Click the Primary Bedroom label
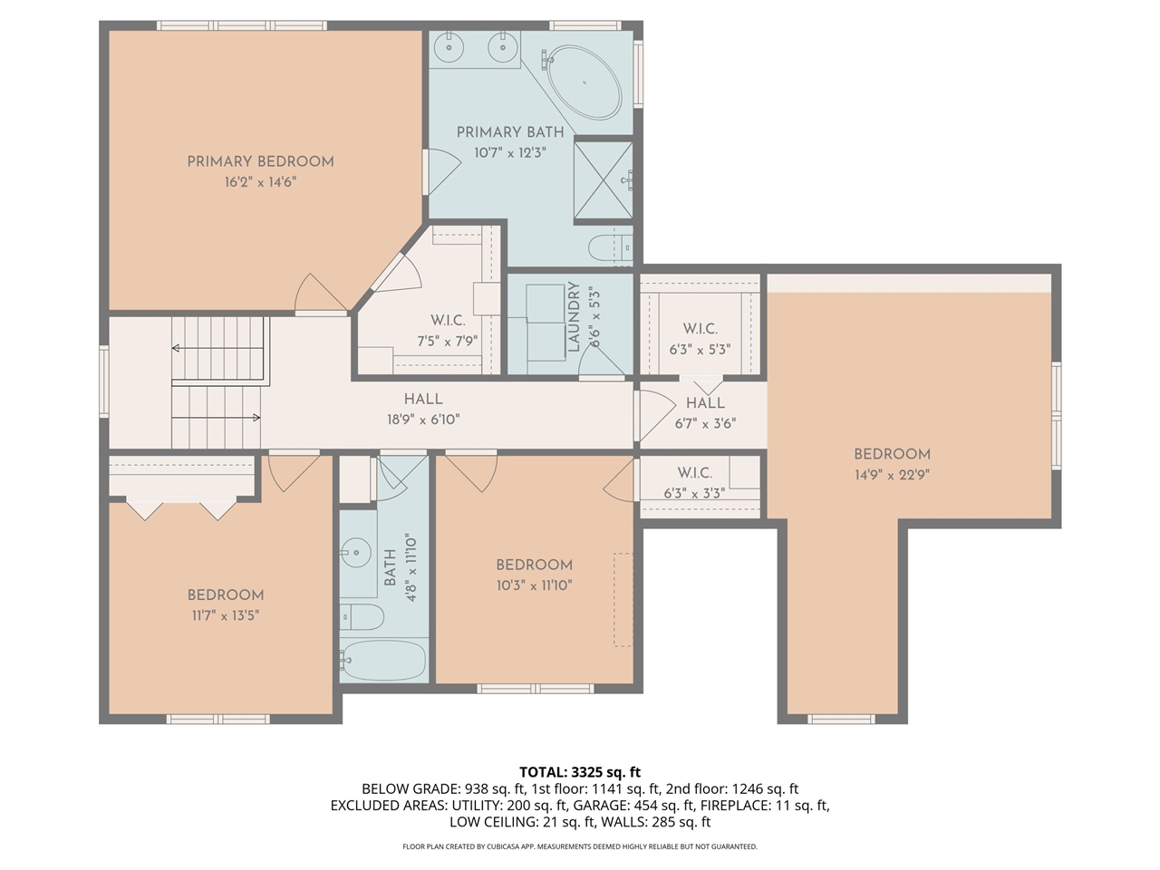click(260, 161)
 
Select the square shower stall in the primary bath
click(603, 180)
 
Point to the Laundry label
click(573, 317)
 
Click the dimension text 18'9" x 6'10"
click(422, 420)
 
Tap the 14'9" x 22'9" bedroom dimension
click(892, 474)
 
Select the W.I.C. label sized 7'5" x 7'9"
click(447, 321)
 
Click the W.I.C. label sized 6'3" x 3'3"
click(694, 473)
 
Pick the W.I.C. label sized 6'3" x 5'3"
click(700, 329)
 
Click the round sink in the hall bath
click(355, 551)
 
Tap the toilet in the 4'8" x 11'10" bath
click(362, 617)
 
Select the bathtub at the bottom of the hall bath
click(383, 661)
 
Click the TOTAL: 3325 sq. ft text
click(580, 772)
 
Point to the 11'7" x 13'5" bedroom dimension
click(226, 615)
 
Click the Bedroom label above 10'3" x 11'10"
click(534, 565)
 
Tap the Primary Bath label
click(509, 132)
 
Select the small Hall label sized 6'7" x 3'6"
click(704, 403)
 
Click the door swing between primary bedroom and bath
click(440, 170)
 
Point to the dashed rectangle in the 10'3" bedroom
click(623, 599)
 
